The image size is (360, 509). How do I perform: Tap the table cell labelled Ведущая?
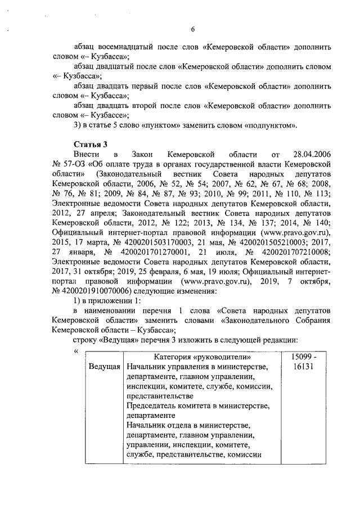tap(104, 367)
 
